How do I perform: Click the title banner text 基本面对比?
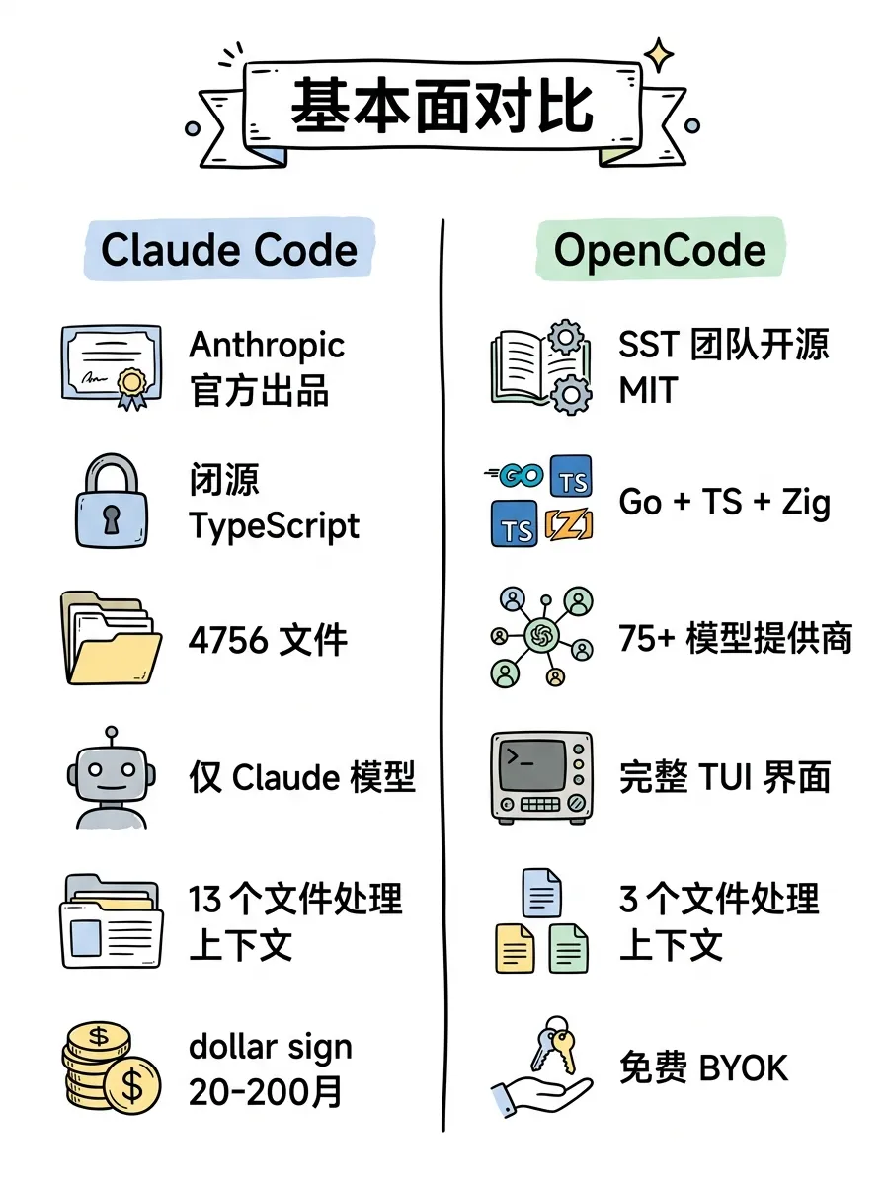pyautogui.click(x=442, y=109)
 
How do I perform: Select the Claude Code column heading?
pyautogui.click(x=229, y=249)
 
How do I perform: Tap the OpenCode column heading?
pyautogui.click(x=660, y=249)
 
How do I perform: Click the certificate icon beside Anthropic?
pyautogui.click(x=110, y=364)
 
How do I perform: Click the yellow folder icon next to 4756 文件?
pyautogui.click(x=111, y=639)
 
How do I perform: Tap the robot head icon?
pyautogui.click(x=111, y=778)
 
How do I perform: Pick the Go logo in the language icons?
pyautogui.click(x=517, y=476)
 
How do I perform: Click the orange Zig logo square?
pyautogui.click(x=570, y=525)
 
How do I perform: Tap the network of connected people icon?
pyautogui.click(x=541, y=637)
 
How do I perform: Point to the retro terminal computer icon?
pyautogui.click(x=541, y=777)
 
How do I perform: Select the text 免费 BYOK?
pyautogui.click(x=703, y=1068)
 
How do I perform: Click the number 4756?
pyautogui.click(x=228, y=641)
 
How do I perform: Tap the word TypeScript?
pyautogui.click(x=275, y=525)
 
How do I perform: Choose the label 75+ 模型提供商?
pyautogui.click(x=735, y=639)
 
